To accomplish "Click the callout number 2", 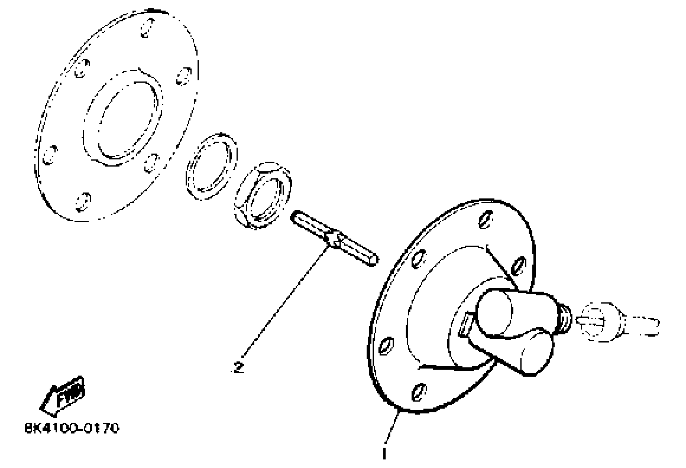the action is point(238,368).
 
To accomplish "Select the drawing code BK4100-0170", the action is point(72,428).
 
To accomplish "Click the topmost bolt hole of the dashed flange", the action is point(147,28).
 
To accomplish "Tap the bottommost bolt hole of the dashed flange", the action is point(83,202).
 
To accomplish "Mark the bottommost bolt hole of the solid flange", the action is point(419,392).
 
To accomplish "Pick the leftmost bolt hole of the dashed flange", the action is point(50,154).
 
